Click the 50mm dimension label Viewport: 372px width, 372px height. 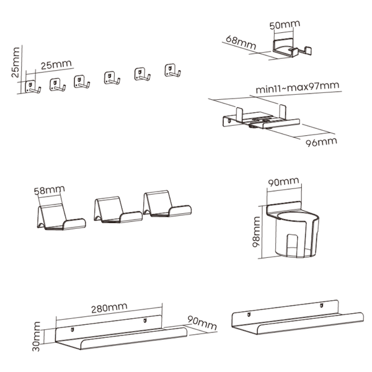coord(285,25)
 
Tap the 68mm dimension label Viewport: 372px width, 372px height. coord(241,42)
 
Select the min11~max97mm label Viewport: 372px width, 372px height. coord(298,87)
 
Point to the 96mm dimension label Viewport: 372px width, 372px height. coord(321,142)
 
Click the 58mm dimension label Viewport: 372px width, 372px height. coord(50,190)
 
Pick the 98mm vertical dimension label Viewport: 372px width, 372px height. coord(257,232)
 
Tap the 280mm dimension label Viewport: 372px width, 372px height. coord(109,308)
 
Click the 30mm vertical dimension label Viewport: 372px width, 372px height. coord(37,337)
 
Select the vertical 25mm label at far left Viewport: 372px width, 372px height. coord(15,62)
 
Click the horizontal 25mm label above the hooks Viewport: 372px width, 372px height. coord(56,64)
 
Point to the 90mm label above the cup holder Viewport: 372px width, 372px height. coord(283,182)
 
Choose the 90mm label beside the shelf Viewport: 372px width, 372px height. coord(202,323)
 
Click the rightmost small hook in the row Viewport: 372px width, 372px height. coord(172,71)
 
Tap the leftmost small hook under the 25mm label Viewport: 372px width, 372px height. coord(33,87)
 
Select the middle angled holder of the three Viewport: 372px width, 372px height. coord(118,210)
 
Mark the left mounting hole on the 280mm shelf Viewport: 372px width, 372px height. coord(73,330)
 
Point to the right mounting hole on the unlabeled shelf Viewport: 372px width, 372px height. coord(321,305)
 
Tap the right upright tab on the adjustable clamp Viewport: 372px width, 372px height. coord(283,112)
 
